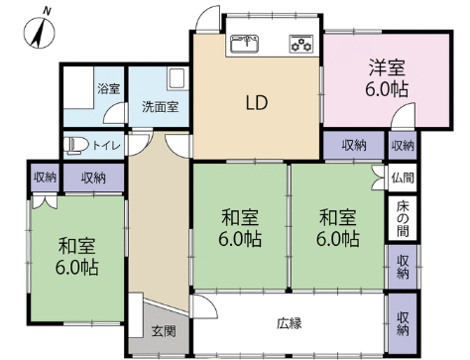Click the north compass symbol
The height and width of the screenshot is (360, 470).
click(x=40, y=32)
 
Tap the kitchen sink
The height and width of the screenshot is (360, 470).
click(x=245, y=44)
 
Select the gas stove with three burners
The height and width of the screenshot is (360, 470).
click(x=301, y=44)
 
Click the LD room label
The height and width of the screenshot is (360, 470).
click(x=257, y=102)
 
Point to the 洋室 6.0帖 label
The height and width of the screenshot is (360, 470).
click(x=387, y=78)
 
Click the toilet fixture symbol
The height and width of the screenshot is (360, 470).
click(x=75, y=146)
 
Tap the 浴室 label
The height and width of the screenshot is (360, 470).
click(x=109, y=88)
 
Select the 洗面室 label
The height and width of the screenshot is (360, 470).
click(x=161, y=106)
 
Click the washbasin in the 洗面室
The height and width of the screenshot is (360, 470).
click(x=176, y=79)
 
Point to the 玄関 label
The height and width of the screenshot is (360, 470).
click(x=164, y=331)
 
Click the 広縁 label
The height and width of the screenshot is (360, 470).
click(x=290, y=323)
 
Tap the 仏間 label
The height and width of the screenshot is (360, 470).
click(x=403, y=179)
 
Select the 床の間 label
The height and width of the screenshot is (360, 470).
click(x=403, y=219)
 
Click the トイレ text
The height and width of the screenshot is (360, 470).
click(x=106, y=146)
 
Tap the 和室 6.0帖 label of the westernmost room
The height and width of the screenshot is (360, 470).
click(x=76, y=256)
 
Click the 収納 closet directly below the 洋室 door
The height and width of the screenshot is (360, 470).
click(x=403, y=145)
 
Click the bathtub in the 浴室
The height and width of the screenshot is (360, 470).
click(x=78, y=87)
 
